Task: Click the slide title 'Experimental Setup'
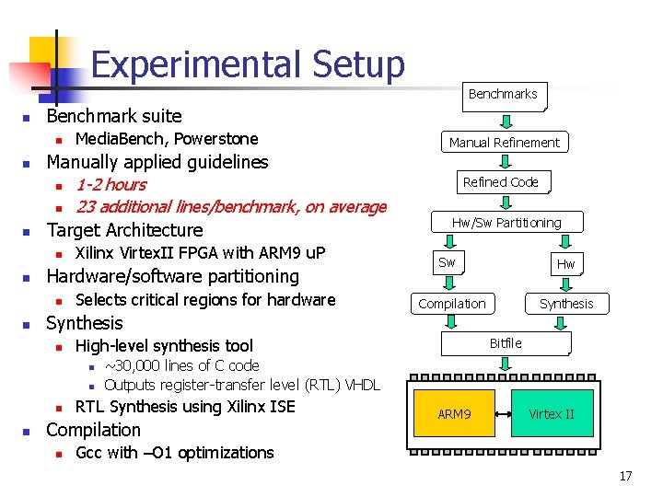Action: click(x=248, y=64)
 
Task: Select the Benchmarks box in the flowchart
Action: click(x=503, y=94)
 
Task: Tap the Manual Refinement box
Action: click(x=504, y=143)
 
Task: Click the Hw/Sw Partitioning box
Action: click(x=506, y=223)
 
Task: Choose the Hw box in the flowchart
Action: click(x=564, y=264)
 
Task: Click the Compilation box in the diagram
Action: click(x=451, y=304)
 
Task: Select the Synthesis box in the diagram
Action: click(x=566, y=304)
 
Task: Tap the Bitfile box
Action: click(x=506, y=343)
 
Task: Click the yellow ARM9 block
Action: click(x=454, y=415)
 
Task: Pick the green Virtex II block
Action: click(x=552, y=415)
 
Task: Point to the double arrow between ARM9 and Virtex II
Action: click(x=501, y=415)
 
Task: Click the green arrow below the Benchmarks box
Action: click(x=505, y=121)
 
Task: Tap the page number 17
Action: click(x=624, y=477)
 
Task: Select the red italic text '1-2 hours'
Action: click(x=110, y=185)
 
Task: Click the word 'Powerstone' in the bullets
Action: click(x=216, y=139)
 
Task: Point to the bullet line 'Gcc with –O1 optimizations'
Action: click(x=174, y=453)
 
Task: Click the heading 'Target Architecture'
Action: click(x=124, y=230)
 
